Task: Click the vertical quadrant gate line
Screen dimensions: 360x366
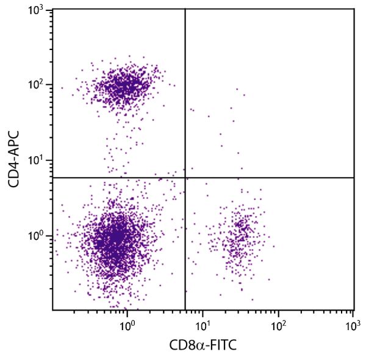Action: (185, 92)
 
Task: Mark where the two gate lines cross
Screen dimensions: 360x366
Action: (185, 178)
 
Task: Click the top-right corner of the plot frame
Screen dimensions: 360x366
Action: (354, 9)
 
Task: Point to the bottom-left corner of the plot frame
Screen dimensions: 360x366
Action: (52, 310)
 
